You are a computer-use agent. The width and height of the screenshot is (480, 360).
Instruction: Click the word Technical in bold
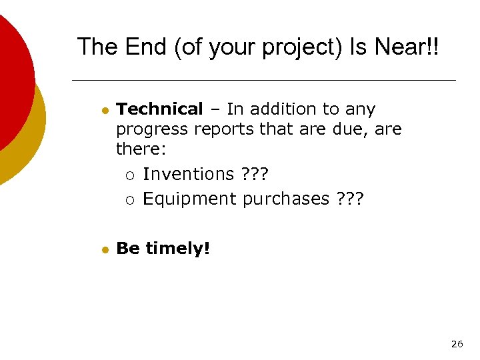coord(159,109)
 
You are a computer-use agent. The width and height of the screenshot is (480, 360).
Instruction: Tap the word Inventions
coord(189,175)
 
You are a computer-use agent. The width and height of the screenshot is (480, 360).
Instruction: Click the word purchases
coord(286,199)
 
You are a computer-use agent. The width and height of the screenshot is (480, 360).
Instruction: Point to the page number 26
coord(457,344)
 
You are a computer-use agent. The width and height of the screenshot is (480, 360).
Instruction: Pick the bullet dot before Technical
coord(105,110)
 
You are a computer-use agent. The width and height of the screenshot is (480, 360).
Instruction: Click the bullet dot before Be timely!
coord(105,249)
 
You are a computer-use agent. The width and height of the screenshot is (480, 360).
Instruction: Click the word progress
coord(149,129)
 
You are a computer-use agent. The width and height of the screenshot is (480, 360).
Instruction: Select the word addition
coord(285,109)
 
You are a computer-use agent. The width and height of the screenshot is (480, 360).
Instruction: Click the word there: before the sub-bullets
coord(137,148)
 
